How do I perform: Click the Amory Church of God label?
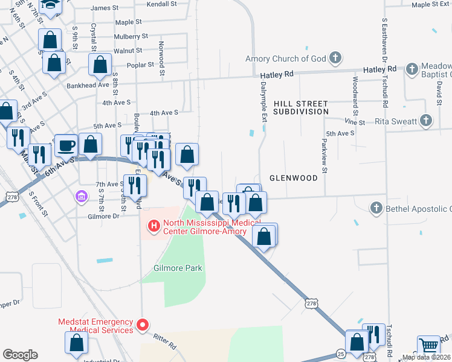pyautogui.click(x=285, y=59)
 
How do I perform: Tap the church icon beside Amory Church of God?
pyautogui.click(x=336, y=59)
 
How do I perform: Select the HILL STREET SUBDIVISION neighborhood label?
pyautogui.click(x=300, y=108)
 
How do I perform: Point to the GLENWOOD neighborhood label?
pyautogui.click(x=293, y=178)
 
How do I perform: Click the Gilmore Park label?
pyautogui.click(x=178, y=268)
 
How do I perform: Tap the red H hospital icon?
pyautogui.click(x=153, y=226)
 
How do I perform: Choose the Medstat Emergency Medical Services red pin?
pyautogui.click(x=143, y=326)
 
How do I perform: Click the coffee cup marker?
pyautogui.click(x=66, y=145)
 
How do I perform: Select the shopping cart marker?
pyautogui.click(x=428, y=346)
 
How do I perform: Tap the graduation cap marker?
pyautogui.click(x=50, y=5)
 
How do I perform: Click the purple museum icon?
pyautogui.click(x=81, y=197)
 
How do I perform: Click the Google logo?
pyautogui.click(x=20, y=354)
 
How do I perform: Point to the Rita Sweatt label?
pyautogui.click(x=396, y=121)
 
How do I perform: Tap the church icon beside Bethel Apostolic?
pyautogui.click(x=376, y=209)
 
